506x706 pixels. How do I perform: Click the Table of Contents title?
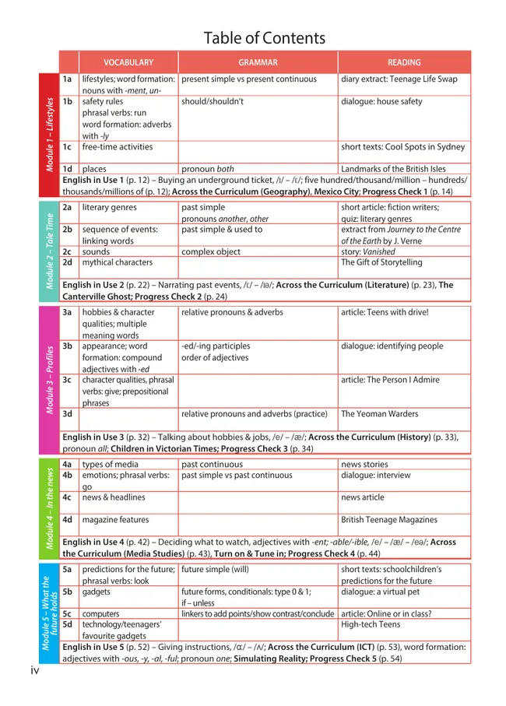coord(264,38)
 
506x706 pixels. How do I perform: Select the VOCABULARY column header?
coord(128,62)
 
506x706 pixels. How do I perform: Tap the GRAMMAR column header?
coord(258,62)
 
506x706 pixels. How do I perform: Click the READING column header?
coord(403,62)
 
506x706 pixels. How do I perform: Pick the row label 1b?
coord(68,102)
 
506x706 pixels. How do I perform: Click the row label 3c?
coord(68,381)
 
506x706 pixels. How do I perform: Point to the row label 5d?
coord(68,624)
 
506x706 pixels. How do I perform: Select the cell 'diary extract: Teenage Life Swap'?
coord(399,79)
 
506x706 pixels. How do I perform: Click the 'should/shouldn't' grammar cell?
coord(213,102)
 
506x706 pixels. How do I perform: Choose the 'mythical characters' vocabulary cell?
coord(118,263)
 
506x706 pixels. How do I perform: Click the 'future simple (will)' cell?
coord(216,569)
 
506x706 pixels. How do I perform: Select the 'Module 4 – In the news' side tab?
coord(50,508)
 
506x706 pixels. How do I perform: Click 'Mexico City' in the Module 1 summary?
coord(378,191)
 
